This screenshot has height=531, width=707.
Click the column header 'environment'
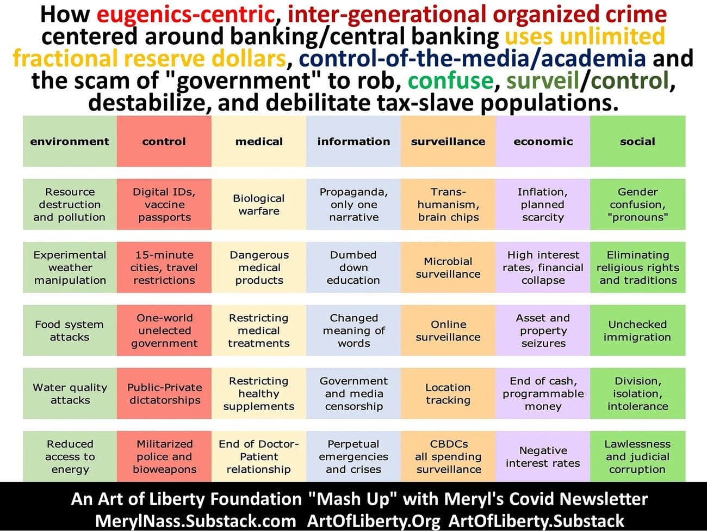[x=70, y=141]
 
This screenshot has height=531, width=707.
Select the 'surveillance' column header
[x=448, y=141]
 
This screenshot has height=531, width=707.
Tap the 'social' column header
[x=638, y=141]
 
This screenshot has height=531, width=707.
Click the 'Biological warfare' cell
[x=259, y=204]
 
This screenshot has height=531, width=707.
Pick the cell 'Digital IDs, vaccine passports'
[x=164, y=204]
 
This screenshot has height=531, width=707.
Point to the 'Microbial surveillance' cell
[x=448, y=267]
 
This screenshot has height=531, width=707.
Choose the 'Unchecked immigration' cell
[x=638, y=331]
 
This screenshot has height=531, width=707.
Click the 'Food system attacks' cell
[x=70, y=331]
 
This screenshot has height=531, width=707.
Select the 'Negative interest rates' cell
[x=543, y=456]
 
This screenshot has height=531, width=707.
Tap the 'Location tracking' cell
[x=448, y=393]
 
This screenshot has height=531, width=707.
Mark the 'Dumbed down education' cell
[x=353, y=267]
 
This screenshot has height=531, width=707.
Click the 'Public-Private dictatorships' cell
[x=164, y=393]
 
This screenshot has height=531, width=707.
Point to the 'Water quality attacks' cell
[x=70, y=393]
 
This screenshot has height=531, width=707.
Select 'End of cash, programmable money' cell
[x=543, y=393]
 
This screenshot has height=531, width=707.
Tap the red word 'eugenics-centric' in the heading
[x=185, y=15]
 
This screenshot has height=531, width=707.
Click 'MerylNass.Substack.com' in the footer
[x=195, y=521]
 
